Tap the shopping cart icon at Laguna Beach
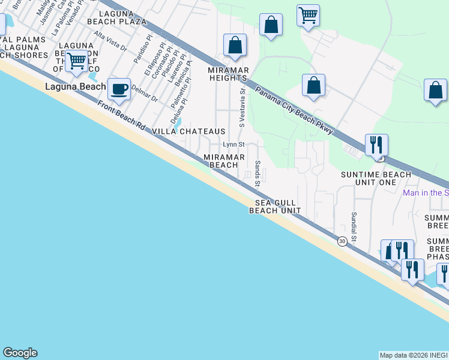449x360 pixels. [76, 61]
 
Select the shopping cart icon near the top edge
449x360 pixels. [308, 15]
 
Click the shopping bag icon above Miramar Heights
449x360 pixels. [235, 45]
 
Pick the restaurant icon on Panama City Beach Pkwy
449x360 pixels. [376, 145]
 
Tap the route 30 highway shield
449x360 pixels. [342, 241]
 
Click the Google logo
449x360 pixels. [20, 353]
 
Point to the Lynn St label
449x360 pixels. [234, 145]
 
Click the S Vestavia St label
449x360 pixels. [242, 109]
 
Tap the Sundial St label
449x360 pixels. [354, 226]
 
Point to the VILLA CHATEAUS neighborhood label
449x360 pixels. [188, 131]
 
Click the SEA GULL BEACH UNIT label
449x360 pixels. [274, 206]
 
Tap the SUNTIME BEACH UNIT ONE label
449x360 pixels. [376, 178]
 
